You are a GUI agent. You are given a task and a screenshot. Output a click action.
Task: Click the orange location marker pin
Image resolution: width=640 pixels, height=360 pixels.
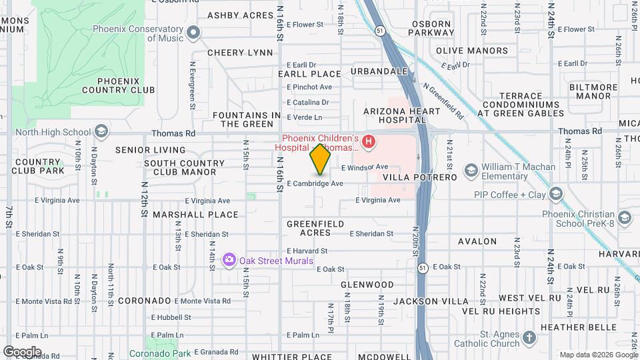[320, 159]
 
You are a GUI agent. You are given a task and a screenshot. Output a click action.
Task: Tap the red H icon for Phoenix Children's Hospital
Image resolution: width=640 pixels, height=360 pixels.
[367, 141]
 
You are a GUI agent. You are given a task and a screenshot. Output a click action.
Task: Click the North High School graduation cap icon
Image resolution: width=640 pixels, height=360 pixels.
[101, 131]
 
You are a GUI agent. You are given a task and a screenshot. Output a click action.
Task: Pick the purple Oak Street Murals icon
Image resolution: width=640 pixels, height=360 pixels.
[229, 259]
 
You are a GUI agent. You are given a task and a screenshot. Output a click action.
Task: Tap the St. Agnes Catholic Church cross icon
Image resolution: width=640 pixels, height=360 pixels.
[529, 338]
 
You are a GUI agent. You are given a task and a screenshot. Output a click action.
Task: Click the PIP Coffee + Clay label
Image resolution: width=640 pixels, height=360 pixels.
[509, 195]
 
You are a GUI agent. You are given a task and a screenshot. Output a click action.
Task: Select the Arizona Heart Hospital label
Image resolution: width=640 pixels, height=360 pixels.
[393, 115]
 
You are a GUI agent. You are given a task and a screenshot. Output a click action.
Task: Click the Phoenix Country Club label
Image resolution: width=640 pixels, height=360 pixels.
[119, 85]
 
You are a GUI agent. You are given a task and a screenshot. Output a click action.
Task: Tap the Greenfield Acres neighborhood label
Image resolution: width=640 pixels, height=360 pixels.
[315, 228]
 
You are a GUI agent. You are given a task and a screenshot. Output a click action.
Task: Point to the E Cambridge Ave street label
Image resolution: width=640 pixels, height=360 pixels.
[315, 183]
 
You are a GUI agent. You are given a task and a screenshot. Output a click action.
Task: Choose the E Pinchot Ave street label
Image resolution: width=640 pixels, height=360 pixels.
[309, 87]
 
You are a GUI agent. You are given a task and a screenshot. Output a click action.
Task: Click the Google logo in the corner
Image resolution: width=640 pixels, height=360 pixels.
[23, 351]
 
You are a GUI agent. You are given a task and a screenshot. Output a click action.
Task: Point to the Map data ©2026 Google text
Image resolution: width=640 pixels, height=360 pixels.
[598, 355]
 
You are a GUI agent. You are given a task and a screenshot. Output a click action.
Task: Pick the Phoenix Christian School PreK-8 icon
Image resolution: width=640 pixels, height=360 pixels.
[624, 218]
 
